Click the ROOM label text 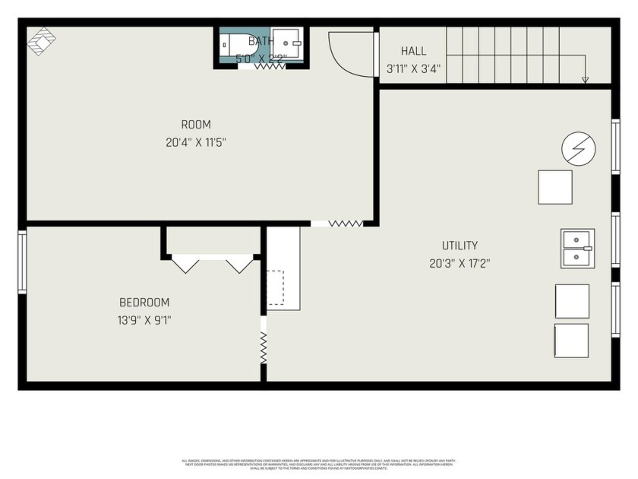[x=196, y=125]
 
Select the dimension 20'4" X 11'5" [x=196, y=141]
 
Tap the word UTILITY [x=460, y=246]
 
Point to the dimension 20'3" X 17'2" [x=460, y=264]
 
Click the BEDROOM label [x=144, y=303]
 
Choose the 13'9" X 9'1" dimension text [x=144, y=320]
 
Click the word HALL [x=413, y=51]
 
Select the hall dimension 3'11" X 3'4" [x=413, y=68]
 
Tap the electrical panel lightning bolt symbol [x=578, y=148]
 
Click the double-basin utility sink [x=577, y=249]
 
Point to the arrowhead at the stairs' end [x=585, y=79]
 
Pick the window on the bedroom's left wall [x=22, y=262]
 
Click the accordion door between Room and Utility [x=345, y=224]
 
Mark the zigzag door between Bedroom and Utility [x=264, y=349]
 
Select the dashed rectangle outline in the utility [x=275, y=287]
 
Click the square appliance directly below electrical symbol [x=555, y=187]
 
